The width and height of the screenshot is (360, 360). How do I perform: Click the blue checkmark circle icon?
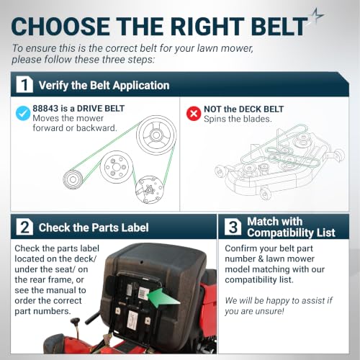pos(23,113)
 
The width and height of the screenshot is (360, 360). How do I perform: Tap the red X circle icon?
pos(194,114)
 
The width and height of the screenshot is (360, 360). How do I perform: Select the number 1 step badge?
pos(24,84)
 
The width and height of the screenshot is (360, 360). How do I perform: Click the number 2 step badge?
pos(24,227)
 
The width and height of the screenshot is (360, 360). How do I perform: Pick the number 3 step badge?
pos(233,227)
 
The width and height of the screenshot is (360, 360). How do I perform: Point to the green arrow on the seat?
pos(163,298)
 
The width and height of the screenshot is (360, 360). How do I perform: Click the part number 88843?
pos(45,109)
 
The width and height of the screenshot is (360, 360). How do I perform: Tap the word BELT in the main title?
pos(280,27)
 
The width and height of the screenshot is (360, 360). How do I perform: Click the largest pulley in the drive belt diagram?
pos(156,135)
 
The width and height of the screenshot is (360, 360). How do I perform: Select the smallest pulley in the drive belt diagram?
pos(73,179)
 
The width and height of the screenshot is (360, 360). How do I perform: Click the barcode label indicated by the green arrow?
pos(143,293)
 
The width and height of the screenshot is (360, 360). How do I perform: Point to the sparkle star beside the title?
pos(317,15)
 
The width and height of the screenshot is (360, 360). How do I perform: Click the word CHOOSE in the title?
pos(60,27)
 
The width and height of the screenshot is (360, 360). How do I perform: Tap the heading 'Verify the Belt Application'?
pos(104,86)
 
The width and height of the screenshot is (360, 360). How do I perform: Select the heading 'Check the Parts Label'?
pos(94,228)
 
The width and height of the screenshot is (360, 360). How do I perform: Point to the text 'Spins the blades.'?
pos(238,119)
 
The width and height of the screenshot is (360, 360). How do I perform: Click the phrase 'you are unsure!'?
pos(254,311)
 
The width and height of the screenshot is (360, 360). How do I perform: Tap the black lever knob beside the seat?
pos(76,321)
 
